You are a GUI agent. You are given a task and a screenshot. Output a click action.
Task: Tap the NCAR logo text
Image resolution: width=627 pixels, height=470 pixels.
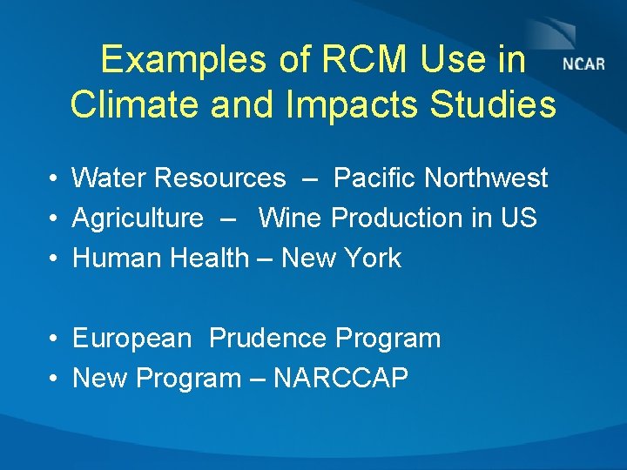[x=583, y=65]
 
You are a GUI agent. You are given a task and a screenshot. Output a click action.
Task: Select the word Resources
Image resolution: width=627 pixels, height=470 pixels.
[x=218, y=178]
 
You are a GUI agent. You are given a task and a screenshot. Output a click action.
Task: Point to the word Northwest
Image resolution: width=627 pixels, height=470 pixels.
[x=486, y=178]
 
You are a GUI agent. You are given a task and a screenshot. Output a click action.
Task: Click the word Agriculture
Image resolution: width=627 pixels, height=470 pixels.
[x=138, y=218]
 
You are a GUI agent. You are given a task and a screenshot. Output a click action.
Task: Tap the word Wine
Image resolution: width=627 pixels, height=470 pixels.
[x=291, y=218]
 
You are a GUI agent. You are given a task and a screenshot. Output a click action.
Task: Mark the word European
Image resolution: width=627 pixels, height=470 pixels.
[x=131, y=339]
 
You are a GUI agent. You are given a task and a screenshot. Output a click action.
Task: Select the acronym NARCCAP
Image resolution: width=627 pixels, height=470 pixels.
[x=340, y=379]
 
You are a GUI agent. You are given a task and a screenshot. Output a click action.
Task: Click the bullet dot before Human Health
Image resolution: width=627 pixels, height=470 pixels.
[x=54, y=258]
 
